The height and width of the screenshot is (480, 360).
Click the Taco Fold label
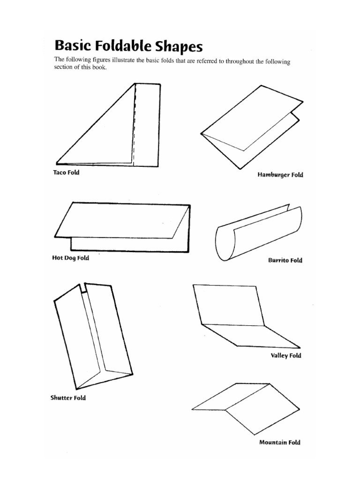(66, 172)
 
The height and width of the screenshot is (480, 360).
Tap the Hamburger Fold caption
(280, 175)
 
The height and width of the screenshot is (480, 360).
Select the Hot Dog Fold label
(70, 258)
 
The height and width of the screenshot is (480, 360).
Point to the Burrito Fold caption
(285, 261)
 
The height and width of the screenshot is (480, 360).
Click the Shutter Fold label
(68, 398)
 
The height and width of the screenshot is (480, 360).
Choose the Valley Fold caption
(286, 355)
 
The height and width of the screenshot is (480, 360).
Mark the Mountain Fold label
(280, 442)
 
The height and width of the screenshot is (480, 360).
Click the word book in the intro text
(99, 67)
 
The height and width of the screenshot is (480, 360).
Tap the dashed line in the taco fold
(135, 127)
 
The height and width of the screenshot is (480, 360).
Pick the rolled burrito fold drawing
(258, 234)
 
